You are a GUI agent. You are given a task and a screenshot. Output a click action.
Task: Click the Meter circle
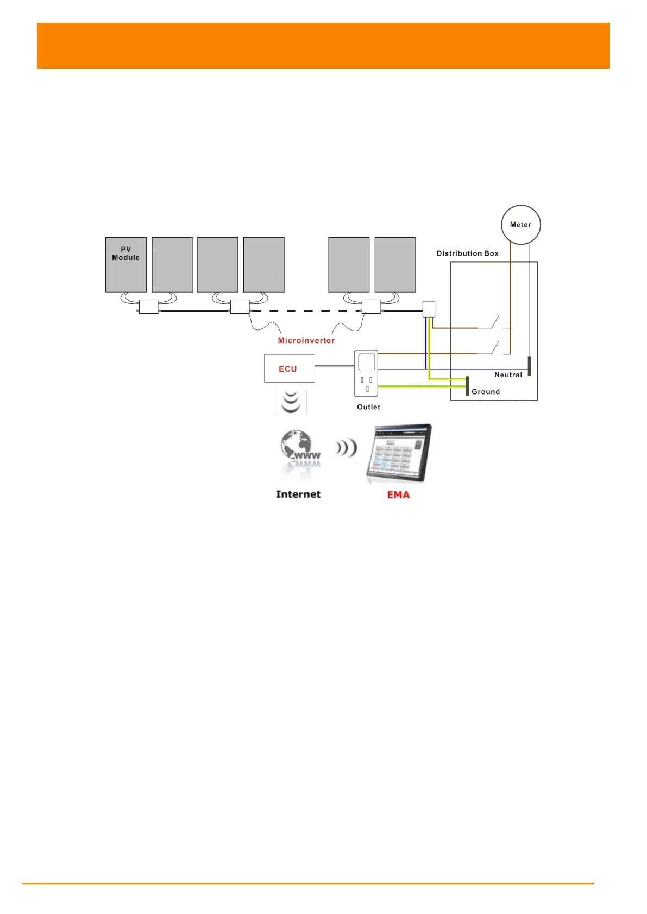pyautogui.click(x=520, y=225)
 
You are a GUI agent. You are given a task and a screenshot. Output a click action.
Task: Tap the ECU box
pyautogui.click(x=289, y=369)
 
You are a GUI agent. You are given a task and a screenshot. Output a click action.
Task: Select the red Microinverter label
pyautogui.click(x=306, y=340)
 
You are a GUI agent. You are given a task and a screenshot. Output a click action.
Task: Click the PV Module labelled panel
pyautogui.click(x=126, y=265)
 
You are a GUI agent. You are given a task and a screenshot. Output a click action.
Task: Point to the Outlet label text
pyautogui.click(x=368, y=407)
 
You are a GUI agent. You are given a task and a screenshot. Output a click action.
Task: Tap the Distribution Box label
pyautogui.click(x=467, y=253)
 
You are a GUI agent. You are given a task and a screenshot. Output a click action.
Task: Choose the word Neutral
pyautogui.click(x=508, y=375)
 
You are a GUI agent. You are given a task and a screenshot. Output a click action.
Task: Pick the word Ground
pyautogui.click(x=486, y=392)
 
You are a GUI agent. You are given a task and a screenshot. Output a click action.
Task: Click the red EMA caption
pyautogui.click(x=398, y=494)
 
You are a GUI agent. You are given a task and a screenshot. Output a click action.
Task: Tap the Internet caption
pyautogui.click(x=298, y=494)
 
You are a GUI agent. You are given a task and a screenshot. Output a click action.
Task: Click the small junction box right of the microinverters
pyautogui.click(x=429, y=309)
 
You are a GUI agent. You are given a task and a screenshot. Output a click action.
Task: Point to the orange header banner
pyautogui.click(x=323, y=46)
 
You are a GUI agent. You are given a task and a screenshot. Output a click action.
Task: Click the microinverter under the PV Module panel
pyautogui.click(x=148, y=307)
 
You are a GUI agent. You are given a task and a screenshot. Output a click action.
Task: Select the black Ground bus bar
pyautogui.click(x=467, y=385)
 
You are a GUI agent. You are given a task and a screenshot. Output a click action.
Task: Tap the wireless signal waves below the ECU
pyautogui.click(x=291, y=401)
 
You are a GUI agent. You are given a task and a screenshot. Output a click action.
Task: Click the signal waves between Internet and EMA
pyautogui.click(x=346, y=448)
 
